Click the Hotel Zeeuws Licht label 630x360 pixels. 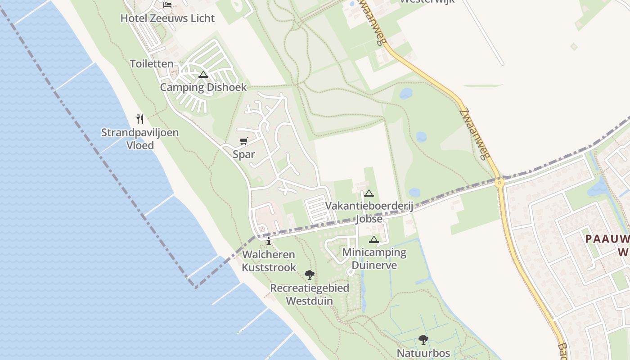pos(167,18)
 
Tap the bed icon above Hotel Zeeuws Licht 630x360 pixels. pos(167,5)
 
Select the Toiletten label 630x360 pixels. pos(152,64)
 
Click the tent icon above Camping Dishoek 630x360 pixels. pos(203,74)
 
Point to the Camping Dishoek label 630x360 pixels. pos(203,87)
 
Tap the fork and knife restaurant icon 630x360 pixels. pos(140,119)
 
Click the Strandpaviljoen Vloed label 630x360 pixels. pos(140,139)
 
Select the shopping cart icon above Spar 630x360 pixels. pos(244,141)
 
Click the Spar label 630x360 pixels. pos(244,154)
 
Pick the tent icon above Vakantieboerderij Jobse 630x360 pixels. pos(369,193)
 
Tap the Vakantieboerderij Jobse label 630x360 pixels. pos(369,212)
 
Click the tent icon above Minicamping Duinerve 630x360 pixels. pos(374,239)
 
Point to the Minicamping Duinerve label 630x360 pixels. pos(374,259)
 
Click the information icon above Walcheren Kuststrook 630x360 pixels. pos(269,242)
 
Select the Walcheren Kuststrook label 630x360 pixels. pos(269,261)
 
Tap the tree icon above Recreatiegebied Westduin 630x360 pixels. pos(310,274)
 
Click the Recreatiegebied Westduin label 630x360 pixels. pos(310,294)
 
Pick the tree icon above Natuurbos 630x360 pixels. pos(423,339)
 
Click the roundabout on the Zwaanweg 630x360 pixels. pos(499,183)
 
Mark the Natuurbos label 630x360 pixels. pos(423,353)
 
